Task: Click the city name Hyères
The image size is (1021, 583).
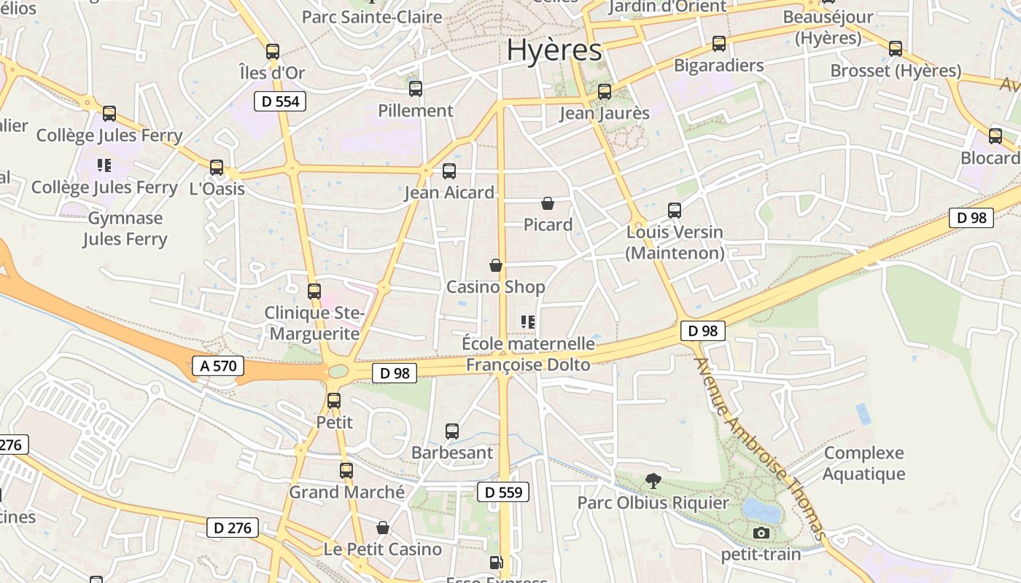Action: point(554,50)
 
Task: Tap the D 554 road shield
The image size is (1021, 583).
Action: point(280,101)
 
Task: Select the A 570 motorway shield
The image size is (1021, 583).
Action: point(217,366)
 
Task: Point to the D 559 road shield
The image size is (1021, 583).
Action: point(503,492)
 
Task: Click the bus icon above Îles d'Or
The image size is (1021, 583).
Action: point(273,52)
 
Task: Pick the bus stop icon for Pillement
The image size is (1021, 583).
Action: point(416,89)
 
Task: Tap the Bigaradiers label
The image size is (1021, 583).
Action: point(718,65)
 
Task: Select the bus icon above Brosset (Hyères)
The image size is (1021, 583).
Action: point(896,49)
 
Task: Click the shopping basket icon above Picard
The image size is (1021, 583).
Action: point(548,203)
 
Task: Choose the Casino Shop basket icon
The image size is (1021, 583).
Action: point(496,265)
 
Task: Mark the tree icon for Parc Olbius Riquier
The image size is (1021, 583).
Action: point(653,480)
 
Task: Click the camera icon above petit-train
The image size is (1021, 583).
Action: point(761,533)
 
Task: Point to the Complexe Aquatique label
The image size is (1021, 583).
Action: point(864,463)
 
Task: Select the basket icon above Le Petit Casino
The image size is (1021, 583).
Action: point(383,528)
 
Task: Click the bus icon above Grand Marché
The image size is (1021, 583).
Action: point(346,471)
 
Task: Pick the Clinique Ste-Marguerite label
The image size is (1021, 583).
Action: point(314,324)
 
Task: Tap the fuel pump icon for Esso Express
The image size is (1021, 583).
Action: point(496,563)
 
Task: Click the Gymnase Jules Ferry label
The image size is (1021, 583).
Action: point(125,228)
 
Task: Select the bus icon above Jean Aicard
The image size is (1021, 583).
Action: point(449,171)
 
